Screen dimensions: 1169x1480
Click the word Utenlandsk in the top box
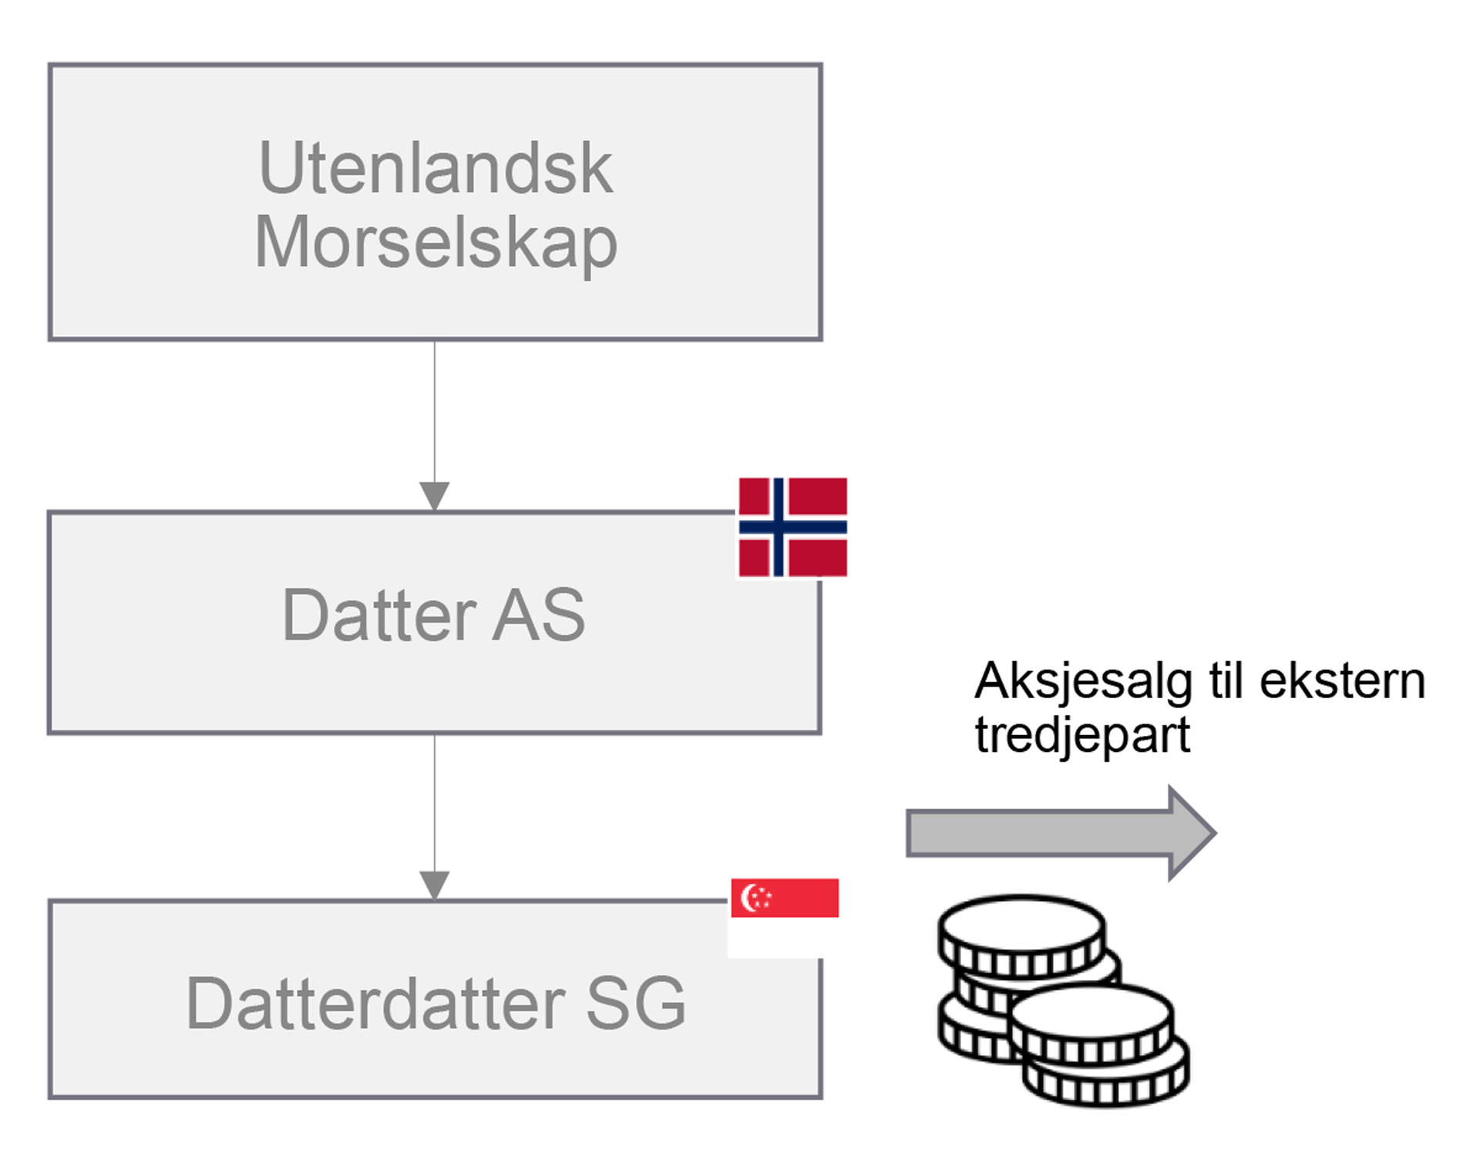[436, 168]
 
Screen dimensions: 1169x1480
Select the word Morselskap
[436, 243]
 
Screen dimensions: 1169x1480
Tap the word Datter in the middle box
[379, 615]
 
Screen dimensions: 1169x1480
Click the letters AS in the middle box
[539, 615]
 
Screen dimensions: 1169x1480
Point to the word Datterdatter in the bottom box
[376, 1003]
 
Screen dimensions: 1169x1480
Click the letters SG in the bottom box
[636, 1003]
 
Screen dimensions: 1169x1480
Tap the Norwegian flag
[792, 527]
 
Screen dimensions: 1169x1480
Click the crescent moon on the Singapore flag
[748, 897]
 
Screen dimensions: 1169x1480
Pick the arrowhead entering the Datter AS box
[435, 495]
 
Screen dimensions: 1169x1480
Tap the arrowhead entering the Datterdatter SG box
[435, 885]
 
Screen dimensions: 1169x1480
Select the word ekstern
[1342, 682]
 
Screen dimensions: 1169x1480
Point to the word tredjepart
[1082, 734]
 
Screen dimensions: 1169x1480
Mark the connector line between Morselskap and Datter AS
[435, 412]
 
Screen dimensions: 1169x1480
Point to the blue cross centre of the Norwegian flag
[779, 527]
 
